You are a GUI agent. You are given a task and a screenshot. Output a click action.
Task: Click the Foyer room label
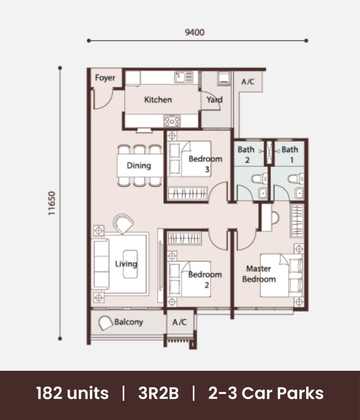[105, 78]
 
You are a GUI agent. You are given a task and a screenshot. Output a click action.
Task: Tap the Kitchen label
[158, 100]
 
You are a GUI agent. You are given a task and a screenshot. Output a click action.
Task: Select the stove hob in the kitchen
[172, 121]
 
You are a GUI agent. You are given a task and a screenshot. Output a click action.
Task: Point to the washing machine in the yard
[224, 78]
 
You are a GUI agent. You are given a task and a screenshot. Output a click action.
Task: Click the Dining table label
[139, 166]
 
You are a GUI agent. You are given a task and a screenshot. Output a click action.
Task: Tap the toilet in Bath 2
[260, 178]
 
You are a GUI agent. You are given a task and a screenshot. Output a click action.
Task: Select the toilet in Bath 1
[296, 179]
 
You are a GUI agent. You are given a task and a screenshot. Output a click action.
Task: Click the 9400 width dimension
[195, 32]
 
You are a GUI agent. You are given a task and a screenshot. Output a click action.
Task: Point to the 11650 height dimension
[51, 203]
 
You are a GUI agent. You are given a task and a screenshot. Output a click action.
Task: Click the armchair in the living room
[123, 224]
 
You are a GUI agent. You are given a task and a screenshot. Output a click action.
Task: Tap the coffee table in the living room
[130, 264]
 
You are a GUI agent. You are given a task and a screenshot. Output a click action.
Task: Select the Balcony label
[129, 322]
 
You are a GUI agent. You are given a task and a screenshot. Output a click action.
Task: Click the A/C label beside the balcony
[180, 322]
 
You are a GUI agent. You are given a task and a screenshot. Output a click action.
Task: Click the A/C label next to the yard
[248, 82]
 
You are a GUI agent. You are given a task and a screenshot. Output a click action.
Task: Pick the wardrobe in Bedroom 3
[187, 193]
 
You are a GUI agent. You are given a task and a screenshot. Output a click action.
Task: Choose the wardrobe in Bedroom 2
[184, 238]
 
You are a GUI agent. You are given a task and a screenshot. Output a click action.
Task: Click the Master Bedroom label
[259, 274]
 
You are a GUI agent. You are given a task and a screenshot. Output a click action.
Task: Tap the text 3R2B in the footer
[158, 393]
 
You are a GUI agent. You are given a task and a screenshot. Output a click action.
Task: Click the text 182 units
[72, 393]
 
